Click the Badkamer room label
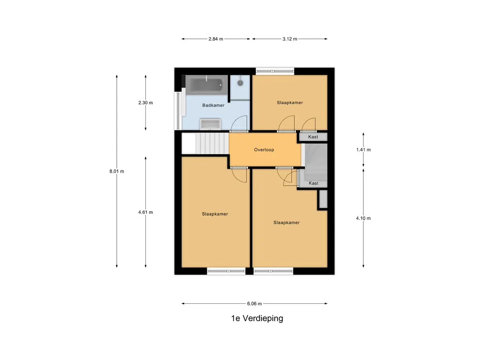213,105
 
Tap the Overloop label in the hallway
264,150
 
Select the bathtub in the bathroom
206,85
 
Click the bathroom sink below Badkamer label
210,124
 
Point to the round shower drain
240,82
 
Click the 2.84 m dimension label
216,39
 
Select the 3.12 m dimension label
290,39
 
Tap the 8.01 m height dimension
117,171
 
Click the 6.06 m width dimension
254,303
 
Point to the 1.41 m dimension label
363,150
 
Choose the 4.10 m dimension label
363,218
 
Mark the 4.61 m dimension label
145,212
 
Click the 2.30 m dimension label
145,103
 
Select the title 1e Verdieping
257,319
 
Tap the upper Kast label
314,137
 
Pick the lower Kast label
314,183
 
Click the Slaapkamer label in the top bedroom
290,102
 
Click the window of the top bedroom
275,71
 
